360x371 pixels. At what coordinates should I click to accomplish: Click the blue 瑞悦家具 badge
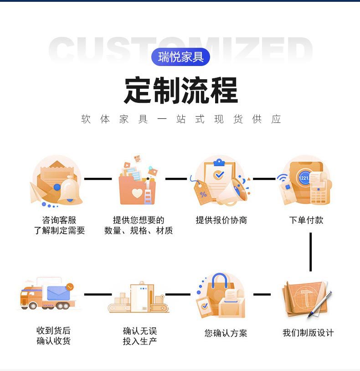point(181,57)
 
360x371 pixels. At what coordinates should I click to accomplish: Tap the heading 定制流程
point(180,91)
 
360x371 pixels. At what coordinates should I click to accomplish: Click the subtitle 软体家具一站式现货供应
point(181,119)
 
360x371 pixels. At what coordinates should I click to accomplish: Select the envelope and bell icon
point(57,181)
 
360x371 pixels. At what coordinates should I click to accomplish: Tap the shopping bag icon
point(221,296)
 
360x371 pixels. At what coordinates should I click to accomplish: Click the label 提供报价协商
point(221,220)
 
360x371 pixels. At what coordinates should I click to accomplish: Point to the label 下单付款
point(306,220)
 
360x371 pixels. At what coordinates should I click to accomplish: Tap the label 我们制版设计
point(308,333)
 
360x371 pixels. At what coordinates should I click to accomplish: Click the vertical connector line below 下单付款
point(311,252)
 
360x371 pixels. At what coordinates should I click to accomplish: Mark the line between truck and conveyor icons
point(98,295)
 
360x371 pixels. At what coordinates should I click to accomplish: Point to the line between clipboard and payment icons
point(264,179)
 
